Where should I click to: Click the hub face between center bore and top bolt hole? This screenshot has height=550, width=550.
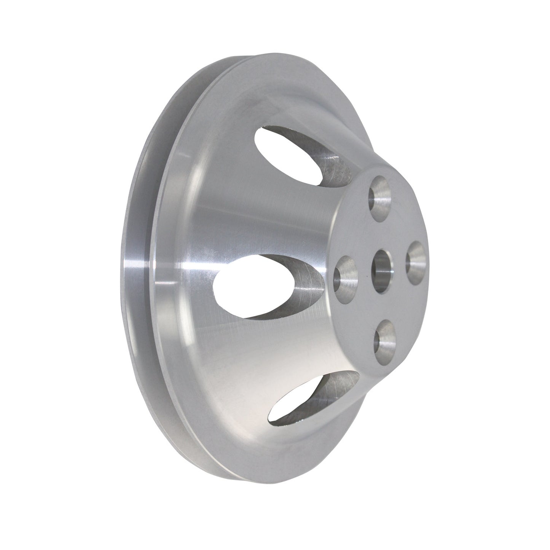tap(381, 234)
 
